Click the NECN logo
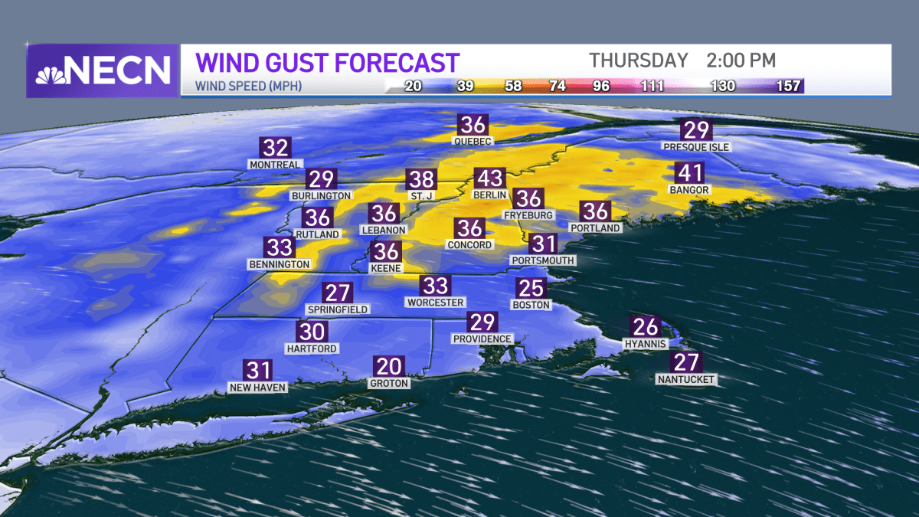pos(103,70)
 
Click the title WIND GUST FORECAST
pos(328,62)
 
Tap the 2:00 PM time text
pos(735,60)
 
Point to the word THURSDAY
pos(639,60)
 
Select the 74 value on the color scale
pos(558,86)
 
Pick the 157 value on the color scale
pos(789,86)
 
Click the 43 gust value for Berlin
pos(490,179)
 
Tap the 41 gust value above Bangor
pos(688,173)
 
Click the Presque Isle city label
pos(697,146)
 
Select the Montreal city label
pos(275,164)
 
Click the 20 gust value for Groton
pos(389,367)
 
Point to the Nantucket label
pos(686,379)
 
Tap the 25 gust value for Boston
pos(531,288)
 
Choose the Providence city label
pos(482,339)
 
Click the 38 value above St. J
pos(421,179)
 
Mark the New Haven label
pos(258,388)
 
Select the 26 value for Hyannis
pos(645,327)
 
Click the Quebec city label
pos(472,141)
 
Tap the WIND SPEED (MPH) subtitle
pos(249,87)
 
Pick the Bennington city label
pos(279,264)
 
